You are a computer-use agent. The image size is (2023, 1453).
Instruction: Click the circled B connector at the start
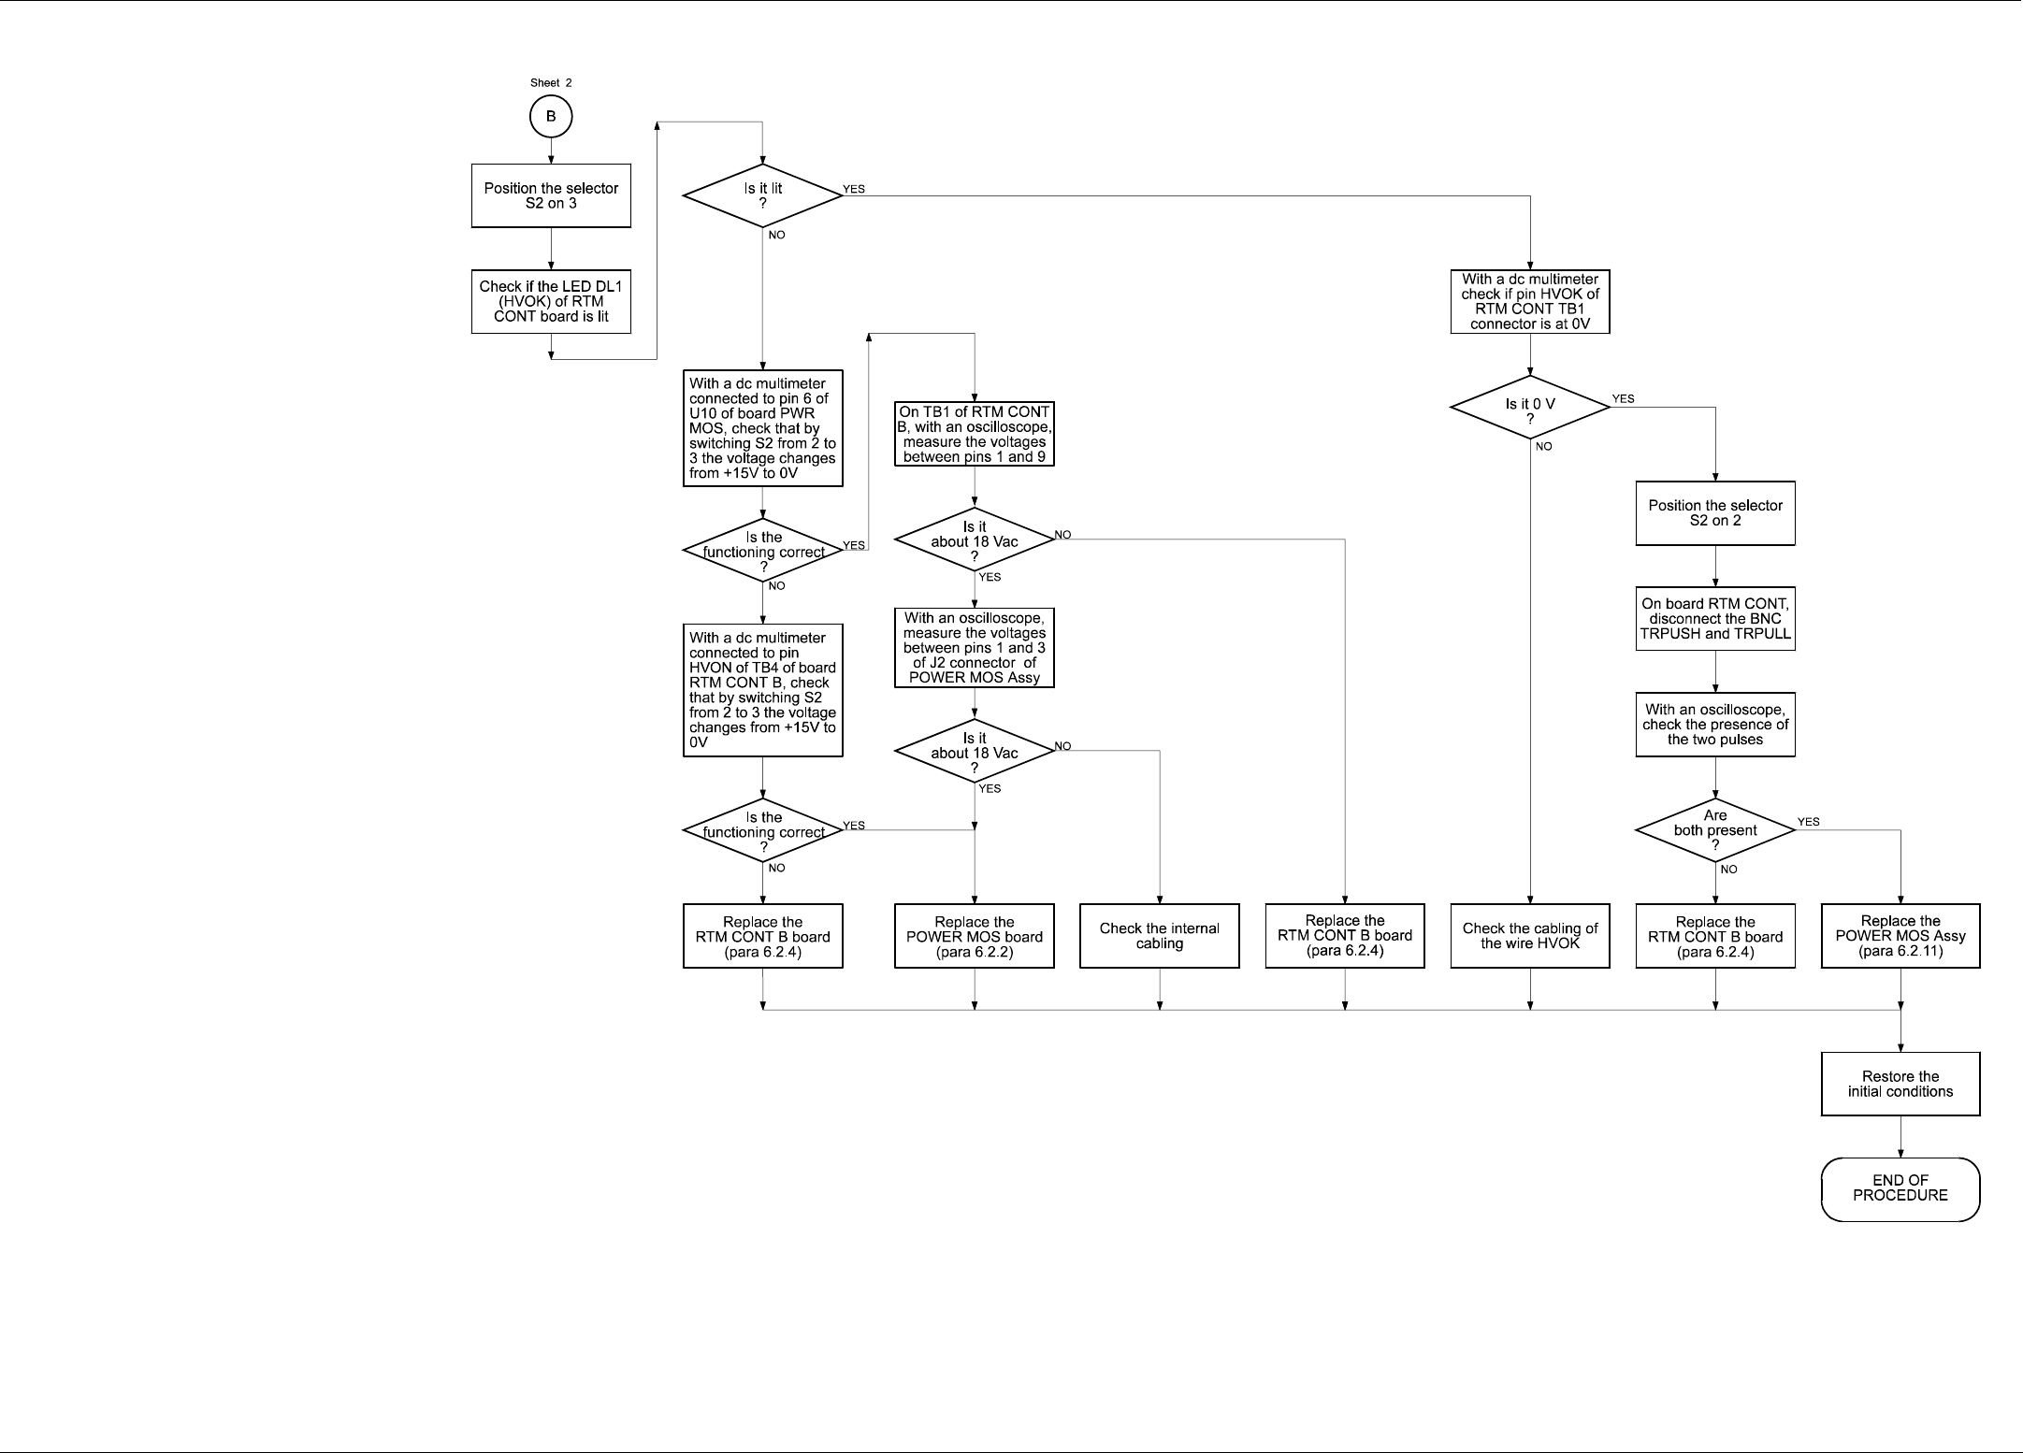pos(551,117)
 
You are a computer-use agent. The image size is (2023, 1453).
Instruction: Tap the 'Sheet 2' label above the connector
pos(551,83)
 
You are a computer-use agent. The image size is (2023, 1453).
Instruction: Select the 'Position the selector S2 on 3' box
pos(551,195)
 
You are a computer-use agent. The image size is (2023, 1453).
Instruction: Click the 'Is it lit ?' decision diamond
pos(763,195)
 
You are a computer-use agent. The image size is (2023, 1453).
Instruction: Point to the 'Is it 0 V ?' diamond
pos(1530,407)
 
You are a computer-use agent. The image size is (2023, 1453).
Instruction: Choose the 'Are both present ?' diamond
pos(1715,830)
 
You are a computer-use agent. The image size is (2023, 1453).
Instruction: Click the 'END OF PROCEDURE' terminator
pos(1900,1188)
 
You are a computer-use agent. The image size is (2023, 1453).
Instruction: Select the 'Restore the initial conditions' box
pos(1900,1084)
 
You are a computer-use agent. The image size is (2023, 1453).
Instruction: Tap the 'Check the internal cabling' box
pos(1160,936)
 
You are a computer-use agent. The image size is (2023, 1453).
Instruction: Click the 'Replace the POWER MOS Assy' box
pos(1900,936)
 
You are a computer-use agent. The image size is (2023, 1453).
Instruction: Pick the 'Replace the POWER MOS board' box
pos(975,936)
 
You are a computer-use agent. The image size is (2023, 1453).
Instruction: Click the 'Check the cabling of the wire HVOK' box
pos(1530,936)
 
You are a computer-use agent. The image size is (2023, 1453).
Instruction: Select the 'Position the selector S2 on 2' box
pos(1715,513)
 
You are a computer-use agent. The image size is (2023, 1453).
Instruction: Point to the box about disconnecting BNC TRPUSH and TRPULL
pos(1715,619)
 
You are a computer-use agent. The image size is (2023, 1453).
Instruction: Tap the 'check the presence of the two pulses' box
pos(1715,725)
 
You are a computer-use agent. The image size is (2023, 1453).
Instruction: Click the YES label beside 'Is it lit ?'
pos(854,189)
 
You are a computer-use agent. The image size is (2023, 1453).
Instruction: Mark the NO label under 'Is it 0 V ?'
pos(1543,447)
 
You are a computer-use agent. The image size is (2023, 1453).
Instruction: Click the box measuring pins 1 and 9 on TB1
pos(975,434)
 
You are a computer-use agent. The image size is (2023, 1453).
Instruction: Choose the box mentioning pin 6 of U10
pos(763,428)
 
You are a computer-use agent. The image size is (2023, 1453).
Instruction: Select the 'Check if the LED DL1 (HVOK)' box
pos(551,301)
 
